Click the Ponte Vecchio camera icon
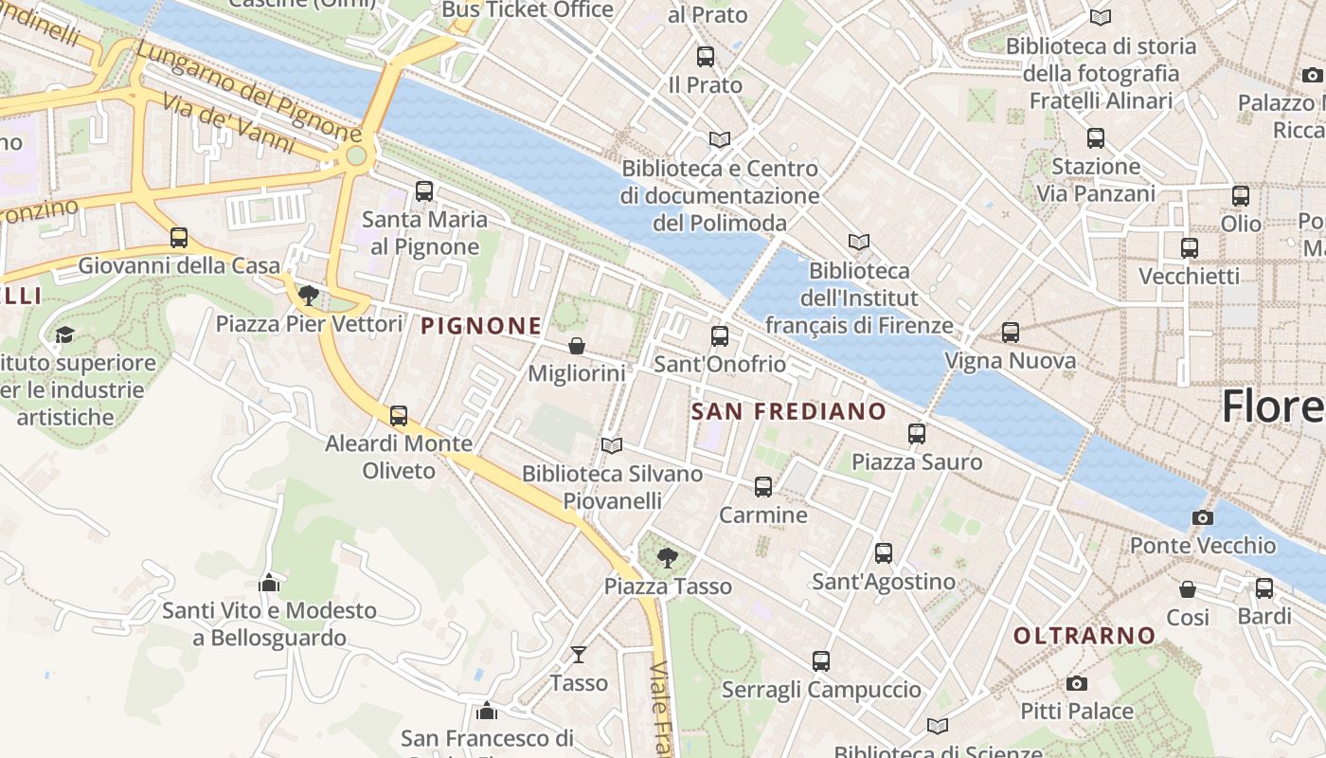[x=1202, y=517]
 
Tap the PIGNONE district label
[x=481, y=326]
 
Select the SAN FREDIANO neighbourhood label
[x=788, y=411]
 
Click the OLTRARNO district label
[x=1084, y=635]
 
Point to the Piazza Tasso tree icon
[x=668, y=557]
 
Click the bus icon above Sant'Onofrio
[x=720, y=336]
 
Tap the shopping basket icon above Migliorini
[x=576, y=346]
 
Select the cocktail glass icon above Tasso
[x=579, y=654]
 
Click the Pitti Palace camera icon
[x=1076, y=683]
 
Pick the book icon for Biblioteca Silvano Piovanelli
[x=612, y=445]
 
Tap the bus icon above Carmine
[x=763, y=487]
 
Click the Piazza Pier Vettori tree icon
[x=309, y=296]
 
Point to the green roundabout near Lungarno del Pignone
[x=356, y=155]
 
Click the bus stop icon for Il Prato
[x=706, y=57]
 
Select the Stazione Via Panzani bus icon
[x=1096, y=138]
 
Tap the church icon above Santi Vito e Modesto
[x=269, y=582]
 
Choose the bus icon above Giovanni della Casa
[x=179, y=238]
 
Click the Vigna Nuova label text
[x=1011, y=361]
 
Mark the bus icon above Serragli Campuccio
[x=821, y=661]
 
